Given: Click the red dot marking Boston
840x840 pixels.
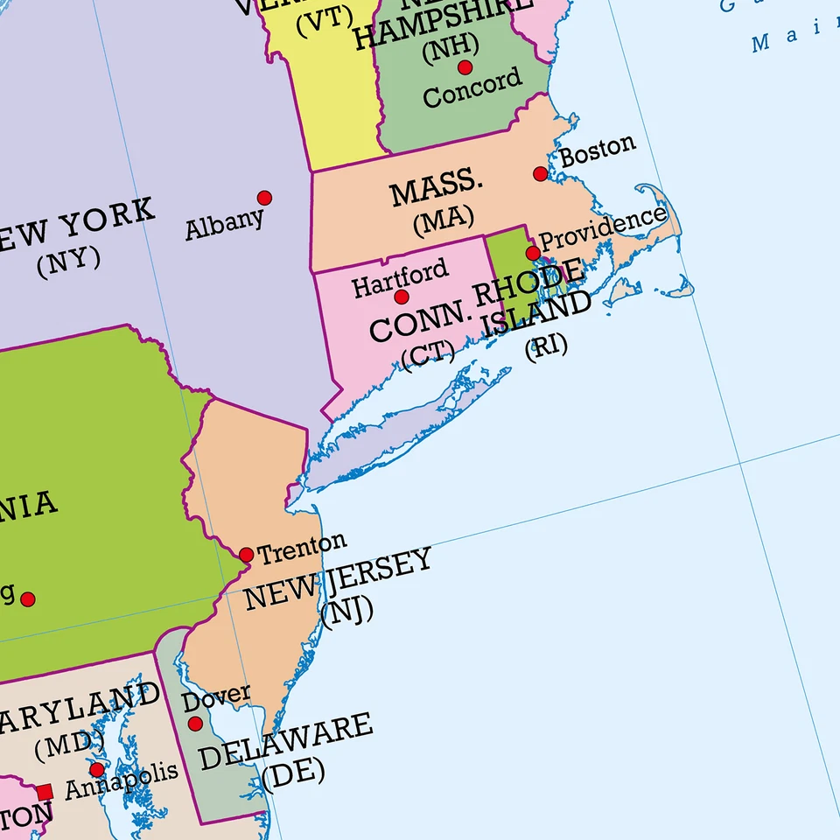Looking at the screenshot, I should coord(541,174).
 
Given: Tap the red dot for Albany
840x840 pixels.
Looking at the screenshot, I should coord(264,198).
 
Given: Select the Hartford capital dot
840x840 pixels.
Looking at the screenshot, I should coord(402,297).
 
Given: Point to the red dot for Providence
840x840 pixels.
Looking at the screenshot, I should coord(533,253).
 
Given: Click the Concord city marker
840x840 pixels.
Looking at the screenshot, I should coord(465,67).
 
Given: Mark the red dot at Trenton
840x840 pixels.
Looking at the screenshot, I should coord(246,555).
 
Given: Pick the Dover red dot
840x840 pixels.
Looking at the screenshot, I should coord(195,724).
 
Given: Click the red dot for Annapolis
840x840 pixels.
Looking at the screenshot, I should coord(97,770).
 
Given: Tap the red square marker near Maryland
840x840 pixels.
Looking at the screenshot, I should coord(45,792).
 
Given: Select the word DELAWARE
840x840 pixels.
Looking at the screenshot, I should coord(285,742).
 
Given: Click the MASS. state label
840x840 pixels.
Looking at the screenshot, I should coord(437,190).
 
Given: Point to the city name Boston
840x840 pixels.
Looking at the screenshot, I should coord(598,150).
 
